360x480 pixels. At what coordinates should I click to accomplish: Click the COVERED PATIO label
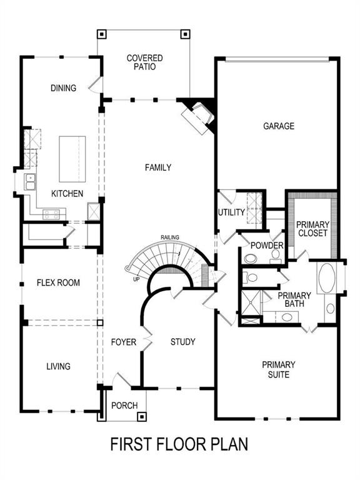(x=144, y=62)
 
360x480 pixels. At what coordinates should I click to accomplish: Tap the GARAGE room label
(x=278, y=126)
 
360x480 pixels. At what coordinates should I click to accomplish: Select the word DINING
(x=63, y=88)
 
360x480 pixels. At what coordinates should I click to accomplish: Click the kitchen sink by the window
(x=29, y=182)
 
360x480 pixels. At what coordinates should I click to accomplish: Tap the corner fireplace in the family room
(x=199, y=116)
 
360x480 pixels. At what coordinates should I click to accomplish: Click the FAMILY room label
(x=157, y=167)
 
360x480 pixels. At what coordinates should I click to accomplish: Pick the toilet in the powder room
(x=251, y=257)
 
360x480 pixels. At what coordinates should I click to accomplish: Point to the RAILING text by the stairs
(x=170, y=237)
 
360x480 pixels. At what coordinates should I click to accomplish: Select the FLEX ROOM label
(x=58, y=282)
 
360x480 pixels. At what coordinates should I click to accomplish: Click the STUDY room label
(x=183, y=342)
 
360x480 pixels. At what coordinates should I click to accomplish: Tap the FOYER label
(x=124, y=342)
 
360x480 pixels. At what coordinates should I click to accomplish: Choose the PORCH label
(x=124, y=406)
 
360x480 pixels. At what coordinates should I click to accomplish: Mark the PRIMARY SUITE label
(x=279, y=369)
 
